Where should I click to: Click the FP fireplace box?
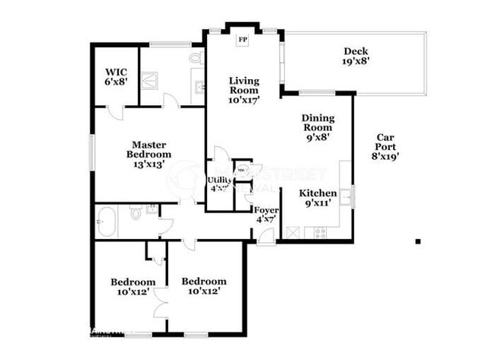tap(244, 40)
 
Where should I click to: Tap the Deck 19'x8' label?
tap(356, 56)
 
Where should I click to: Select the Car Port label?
tap(385, 146)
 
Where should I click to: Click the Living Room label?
tap(244, 89)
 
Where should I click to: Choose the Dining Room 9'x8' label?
tap(317, 127)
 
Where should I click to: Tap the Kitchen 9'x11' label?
tap(318, 198)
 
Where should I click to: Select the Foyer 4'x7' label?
tap(267, 215)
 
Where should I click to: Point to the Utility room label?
tap(220, 184)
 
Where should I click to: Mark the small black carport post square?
tap(418, 241)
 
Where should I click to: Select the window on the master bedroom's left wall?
tap(92, 152)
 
